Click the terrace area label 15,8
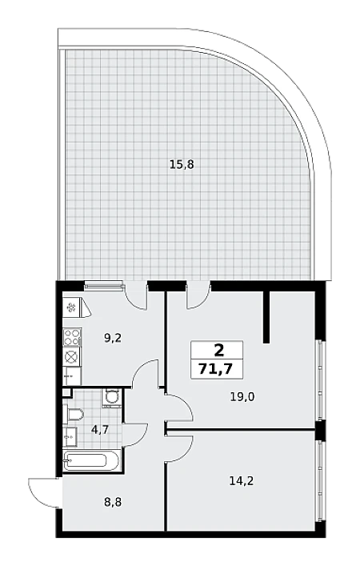click(182, 165)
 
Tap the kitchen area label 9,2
click(113, 338)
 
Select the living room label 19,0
click(242, 397)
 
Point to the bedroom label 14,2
click(242, 481)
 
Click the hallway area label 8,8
click(113, 502)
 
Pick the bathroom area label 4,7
click(100, 430)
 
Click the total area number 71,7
click(217, 369)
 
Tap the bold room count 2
click(218, 349)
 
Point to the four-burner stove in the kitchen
click(72, 336)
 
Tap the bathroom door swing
click(135, 435)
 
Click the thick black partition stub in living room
click(266, 316)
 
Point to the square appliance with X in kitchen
click(72, 356)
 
